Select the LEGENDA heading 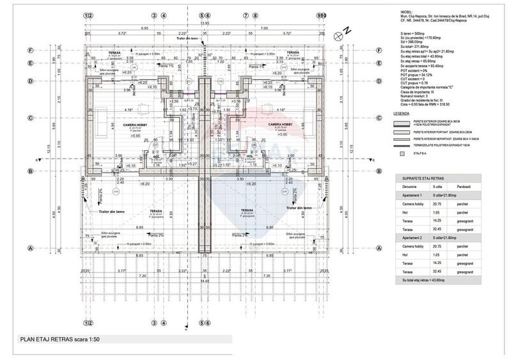[402, 113]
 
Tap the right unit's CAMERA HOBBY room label [280, 124]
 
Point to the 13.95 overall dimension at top [204, 23]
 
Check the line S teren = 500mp [411, 32]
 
